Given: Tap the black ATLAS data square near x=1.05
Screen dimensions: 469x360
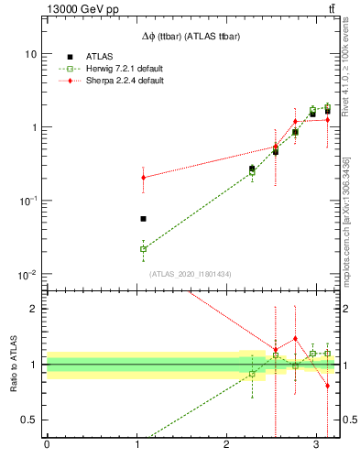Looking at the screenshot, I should click(143, 219).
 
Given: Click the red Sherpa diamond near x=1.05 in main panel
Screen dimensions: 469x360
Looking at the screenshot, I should click(143, 178).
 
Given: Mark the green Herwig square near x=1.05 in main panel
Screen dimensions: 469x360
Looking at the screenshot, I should click(143, 248).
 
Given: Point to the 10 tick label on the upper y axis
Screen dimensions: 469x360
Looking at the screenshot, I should click(30, 54).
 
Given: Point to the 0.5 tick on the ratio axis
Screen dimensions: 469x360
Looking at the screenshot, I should click(30, 420).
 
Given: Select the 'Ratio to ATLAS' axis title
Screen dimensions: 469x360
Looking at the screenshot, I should click(12, 365).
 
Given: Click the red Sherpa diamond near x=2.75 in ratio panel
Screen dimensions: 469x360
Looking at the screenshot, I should click(295, 338).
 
